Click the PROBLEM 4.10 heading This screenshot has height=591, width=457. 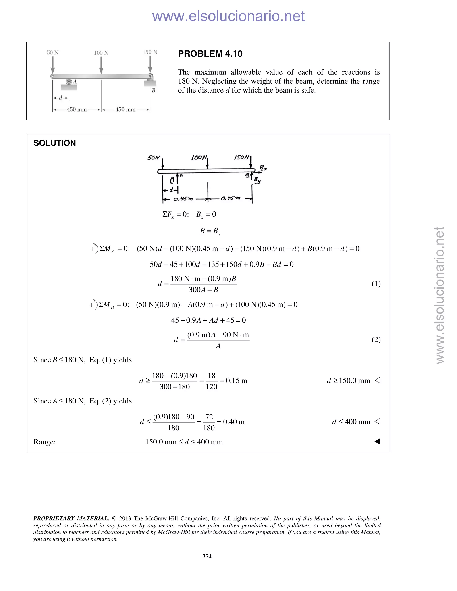point(210,54)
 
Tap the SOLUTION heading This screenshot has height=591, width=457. point(55,143)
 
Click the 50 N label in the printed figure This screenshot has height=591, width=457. point(52,52)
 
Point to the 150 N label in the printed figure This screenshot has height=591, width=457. point(150,52)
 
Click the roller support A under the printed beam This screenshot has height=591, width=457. point(69,81)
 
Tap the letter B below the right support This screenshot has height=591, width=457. point(154,91)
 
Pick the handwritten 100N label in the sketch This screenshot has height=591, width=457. point(199,157)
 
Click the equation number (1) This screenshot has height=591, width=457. point(376,284)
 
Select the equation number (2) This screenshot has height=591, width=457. point(376,340)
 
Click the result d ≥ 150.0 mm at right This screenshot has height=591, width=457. point(348,381)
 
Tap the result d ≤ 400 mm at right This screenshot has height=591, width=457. point(351,422)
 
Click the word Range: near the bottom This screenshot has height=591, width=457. point(45,442)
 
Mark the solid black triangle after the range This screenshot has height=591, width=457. point(377,442)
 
